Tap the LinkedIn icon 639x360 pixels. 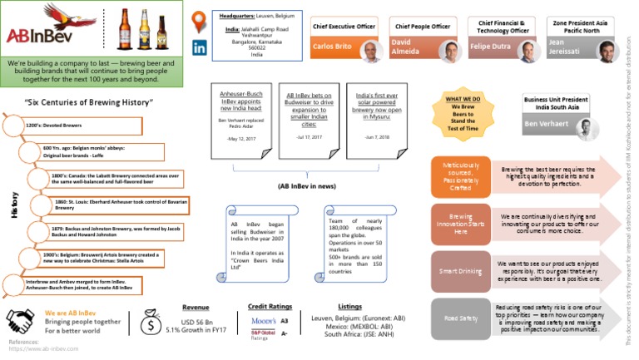pyautogui.click(x=201, y=47)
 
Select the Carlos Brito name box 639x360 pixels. pyautogui.click(x=334, y=48)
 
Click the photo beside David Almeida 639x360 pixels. pyautogui.click(x=453, y=52)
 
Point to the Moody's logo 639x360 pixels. pyautogui.click(x=264, y=319)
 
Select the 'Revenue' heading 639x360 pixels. pyautogui.click(x=197, y=307)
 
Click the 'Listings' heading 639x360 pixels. pyautogui.click(x=350, y=306)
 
